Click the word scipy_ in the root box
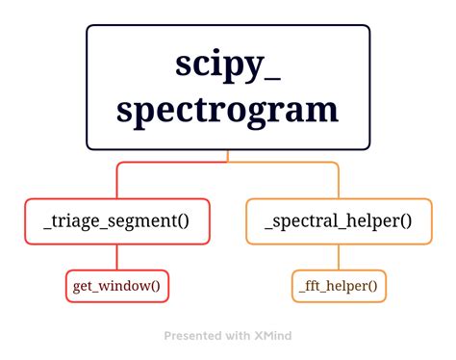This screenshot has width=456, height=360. [228, 65]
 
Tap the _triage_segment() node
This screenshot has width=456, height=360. [117, 221]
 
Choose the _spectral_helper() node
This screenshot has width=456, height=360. [339, 221]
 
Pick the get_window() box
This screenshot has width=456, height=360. [117, 286]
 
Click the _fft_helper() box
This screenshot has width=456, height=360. [339, 286]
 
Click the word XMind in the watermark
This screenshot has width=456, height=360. [273, 336]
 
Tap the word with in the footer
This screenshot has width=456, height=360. [239, 336]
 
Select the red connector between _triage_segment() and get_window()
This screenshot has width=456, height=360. [117, 257]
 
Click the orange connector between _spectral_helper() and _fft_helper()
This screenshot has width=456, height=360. [339, 257]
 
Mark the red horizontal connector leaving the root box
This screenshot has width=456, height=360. [172, 163]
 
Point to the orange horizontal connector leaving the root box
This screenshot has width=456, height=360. [283, 163]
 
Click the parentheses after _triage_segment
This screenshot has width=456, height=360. [182, 221]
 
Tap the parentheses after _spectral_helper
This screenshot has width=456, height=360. [405, 221]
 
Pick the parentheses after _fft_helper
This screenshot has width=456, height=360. [372, 286]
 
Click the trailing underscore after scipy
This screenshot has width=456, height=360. [272, 79]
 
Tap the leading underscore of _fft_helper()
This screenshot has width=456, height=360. [302, 292]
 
